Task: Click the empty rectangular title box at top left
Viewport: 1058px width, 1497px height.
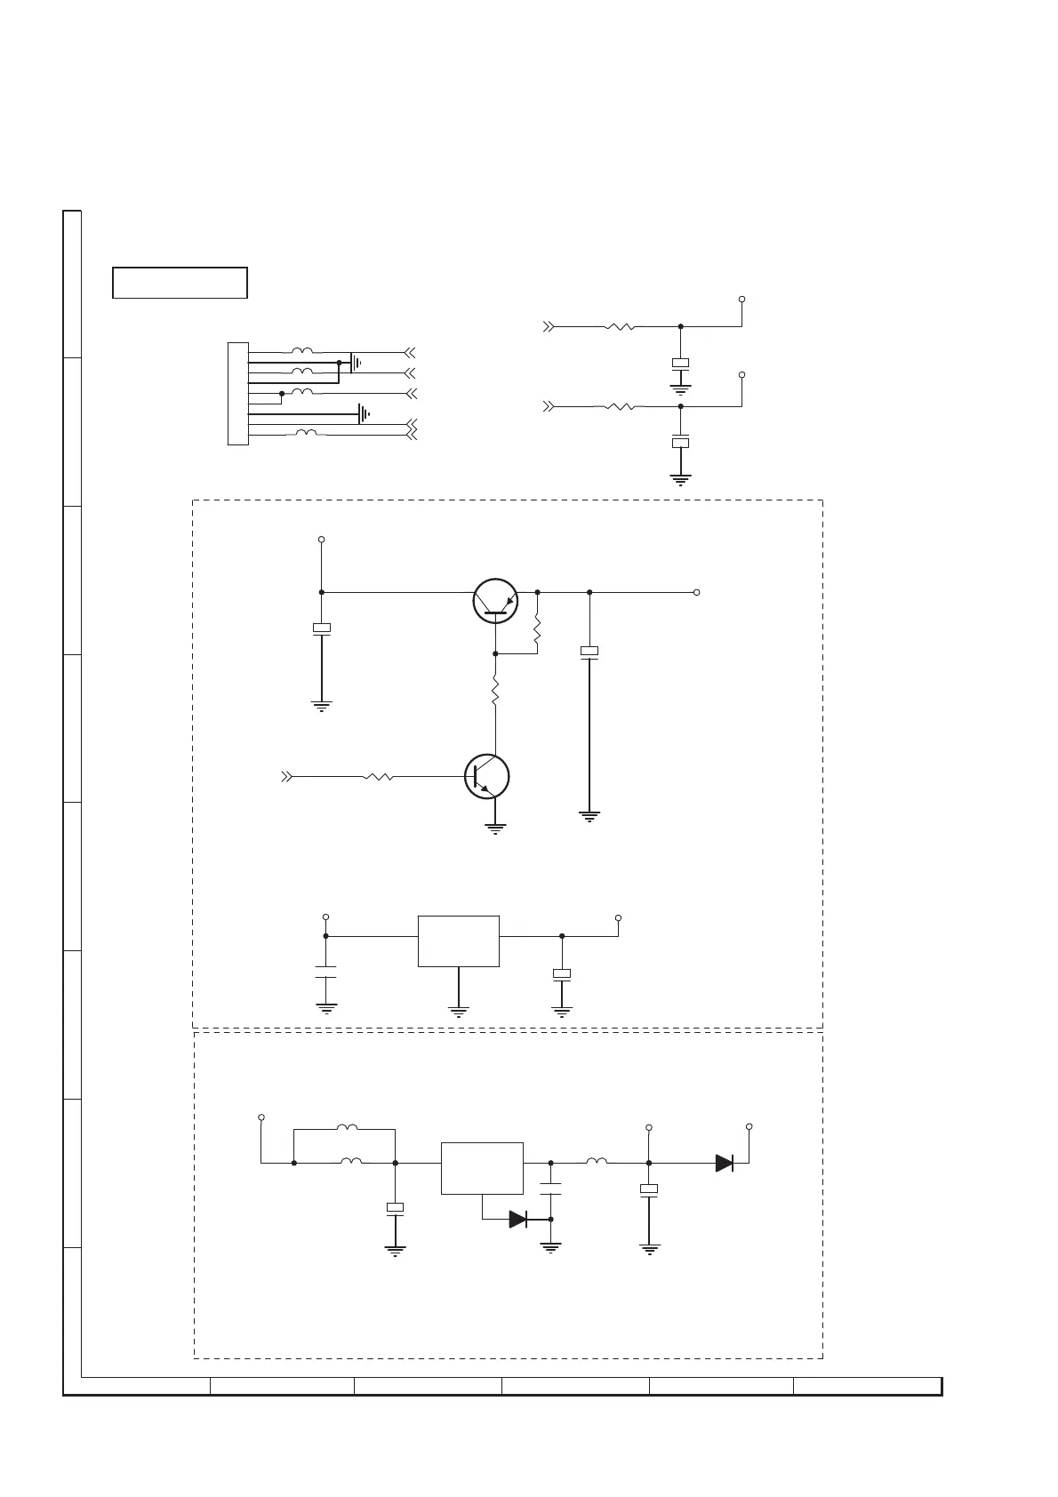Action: tap(180, 282)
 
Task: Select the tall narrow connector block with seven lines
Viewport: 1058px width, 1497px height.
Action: tap(237, 393)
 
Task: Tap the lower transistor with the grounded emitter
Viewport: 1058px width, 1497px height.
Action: tap(486, 776)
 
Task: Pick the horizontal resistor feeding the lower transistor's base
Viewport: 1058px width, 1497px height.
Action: tap(379, 776)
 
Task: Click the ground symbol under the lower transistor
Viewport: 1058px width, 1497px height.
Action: tap(495, 829)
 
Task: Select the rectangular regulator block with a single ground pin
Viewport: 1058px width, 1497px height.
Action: tap(458, 941)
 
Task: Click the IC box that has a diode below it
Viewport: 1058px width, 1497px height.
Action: tap(482, 1168)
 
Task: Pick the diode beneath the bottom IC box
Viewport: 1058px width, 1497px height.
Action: tap(518, 1220)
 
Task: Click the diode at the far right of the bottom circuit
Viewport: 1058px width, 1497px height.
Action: tap(725, 1163)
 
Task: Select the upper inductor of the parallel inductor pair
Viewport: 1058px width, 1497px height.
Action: tap(347, 1128)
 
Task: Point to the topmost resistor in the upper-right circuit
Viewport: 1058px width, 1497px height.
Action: tap(620, 326)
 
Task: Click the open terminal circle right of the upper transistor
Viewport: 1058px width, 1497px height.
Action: tap(697, 592)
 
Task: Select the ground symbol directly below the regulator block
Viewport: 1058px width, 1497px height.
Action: tap(458, 1011)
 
